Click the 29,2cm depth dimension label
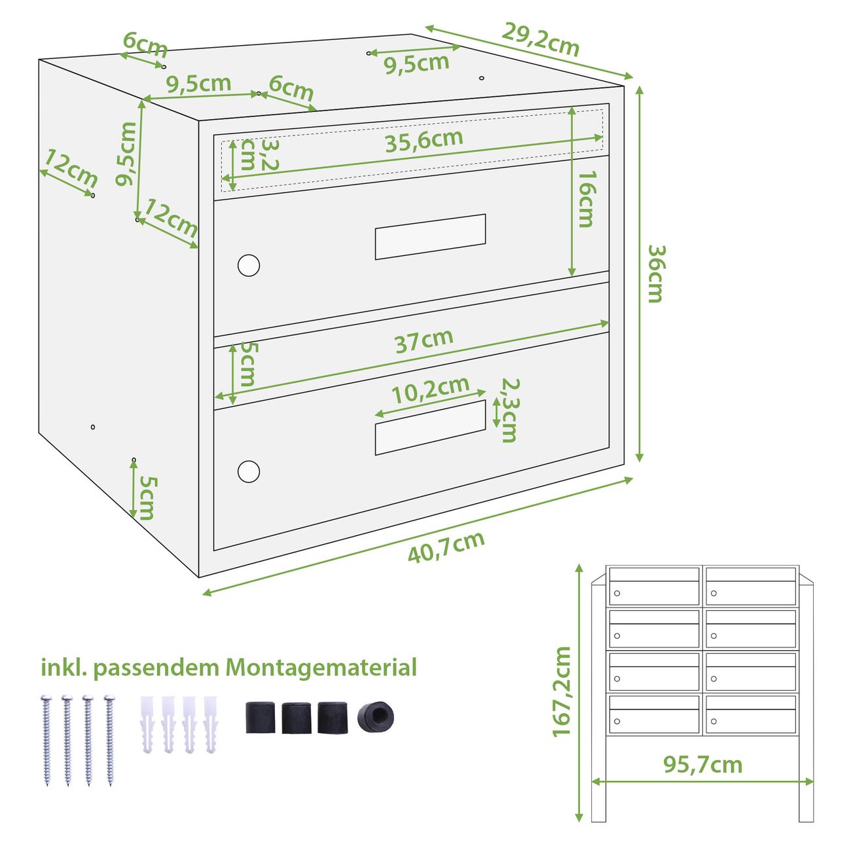point(540,39)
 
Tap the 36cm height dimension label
point(657,274)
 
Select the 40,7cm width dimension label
point(446,547)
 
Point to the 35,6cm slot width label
point(424,141)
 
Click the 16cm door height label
point(587,200)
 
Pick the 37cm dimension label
point(424,341)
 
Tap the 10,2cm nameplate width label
point(431,390)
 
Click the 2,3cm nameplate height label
point(510,410)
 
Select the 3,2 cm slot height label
point(260,155)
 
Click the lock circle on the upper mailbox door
point(249,265)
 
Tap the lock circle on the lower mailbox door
point(249,471)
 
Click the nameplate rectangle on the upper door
point(430,237)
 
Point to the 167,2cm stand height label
point(562,691)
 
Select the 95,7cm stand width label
point(702,765)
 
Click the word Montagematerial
point(321,668)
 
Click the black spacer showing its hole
point(375,717)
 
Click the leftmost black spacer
point(260,717)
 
